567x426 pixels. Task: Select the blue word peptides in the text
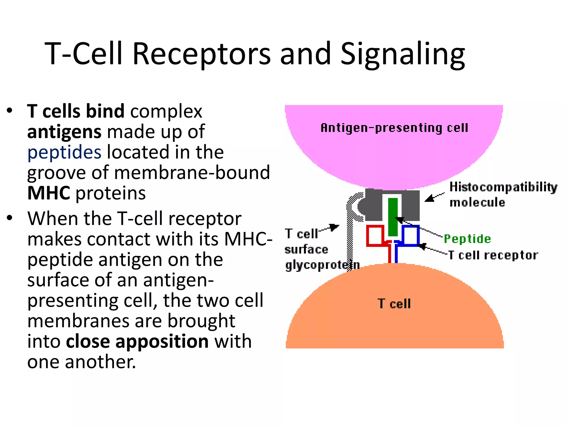(64, 153)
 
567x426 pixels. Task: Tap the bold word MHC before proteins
(49, 193)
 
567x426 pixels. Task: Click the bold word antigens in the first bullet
(64, 132)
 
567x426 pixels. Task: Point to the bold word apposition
(162, 342)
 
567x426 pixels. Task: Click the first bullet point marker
(10, 110)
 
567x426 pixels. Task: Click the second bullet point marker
(10, 218)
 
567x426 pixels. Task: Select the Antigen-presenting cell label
(394, 128)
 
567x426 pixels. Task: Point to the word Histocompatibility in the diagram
(503, 187)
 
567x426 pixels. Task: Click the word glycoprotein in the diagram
(322, 265)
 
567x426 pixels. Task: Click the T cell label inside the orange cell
(394, 304)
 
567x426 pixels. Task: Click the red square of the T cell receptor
(375, 235)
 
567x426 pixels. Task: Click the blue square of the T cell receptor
(411, 235)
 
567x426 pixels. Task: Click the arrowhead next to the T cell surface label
(336, 227)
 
